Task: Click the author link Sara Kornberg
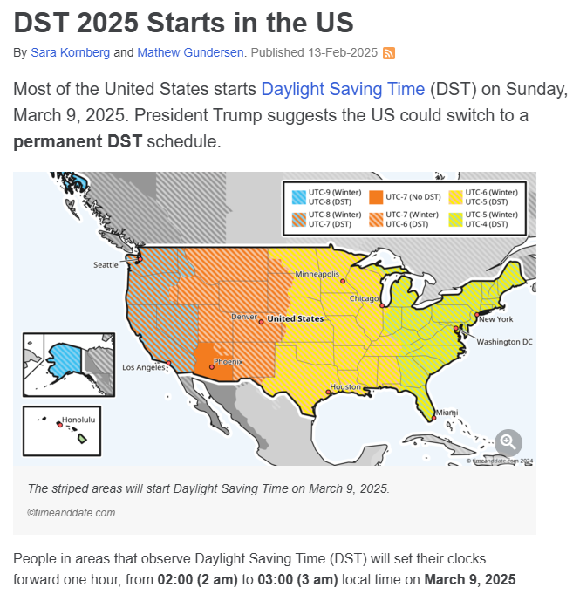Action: pyautogui.click(x=70, y=52)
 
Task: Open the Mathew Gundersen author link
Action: pyautogui.click(x=192, y=52)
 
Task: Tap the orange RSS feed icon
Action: pyautogui.click(x=389, y=53)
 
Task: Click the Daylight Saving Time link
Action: pyautogui.click(x=343, y=89)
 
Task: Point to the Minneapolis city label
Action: pyautogui.click(x=317, y=274)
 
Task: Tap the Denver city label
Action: pyautogui.click(x=243, y=317)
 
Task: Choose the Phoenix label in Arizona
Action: pyautogui.click(x=228, y=360)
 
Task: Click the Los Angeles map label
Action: pyautogui.click(x=141, y=366)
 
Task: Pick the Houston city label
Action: pyautogui.click(x=345, y=386)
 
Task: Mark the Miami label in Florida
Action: pyautogui.click(x=447, y=412)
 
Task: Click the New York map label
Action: pyautogui.click(x=495, y=319)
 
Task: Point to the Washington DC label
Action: pyautogui.click(x=504, y=342)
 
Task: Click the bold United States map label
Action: pyautogui.click(x=295, y=318)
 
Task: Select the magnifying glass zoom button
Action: pyautogui.click(x=508, y=442)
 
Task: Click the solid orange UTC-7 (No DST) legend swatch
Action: pyautogui.click(x=377, y=197)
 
